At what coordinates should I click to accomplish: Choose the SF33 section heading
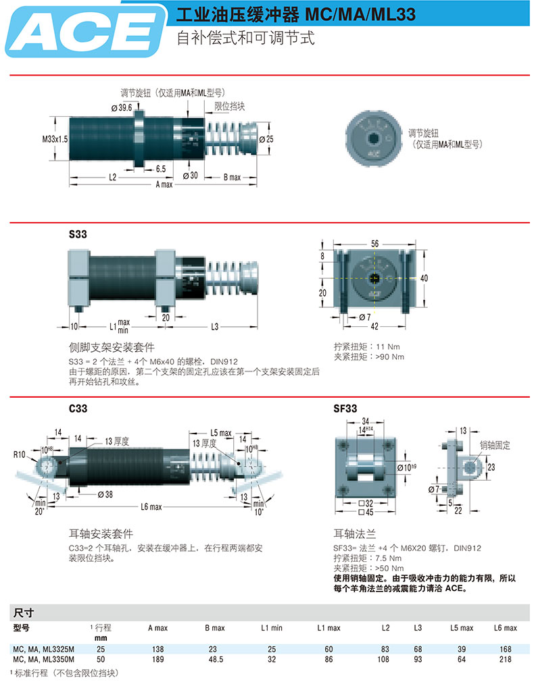(x=345, y=408)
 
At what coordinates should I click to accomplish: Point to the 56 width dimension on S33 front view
(x=374, y=242)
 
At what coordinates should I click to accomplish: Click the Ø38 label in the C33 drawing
(x=105, y=494)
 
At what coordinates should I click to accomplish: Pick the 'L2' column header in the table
(x=385, y=628)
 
